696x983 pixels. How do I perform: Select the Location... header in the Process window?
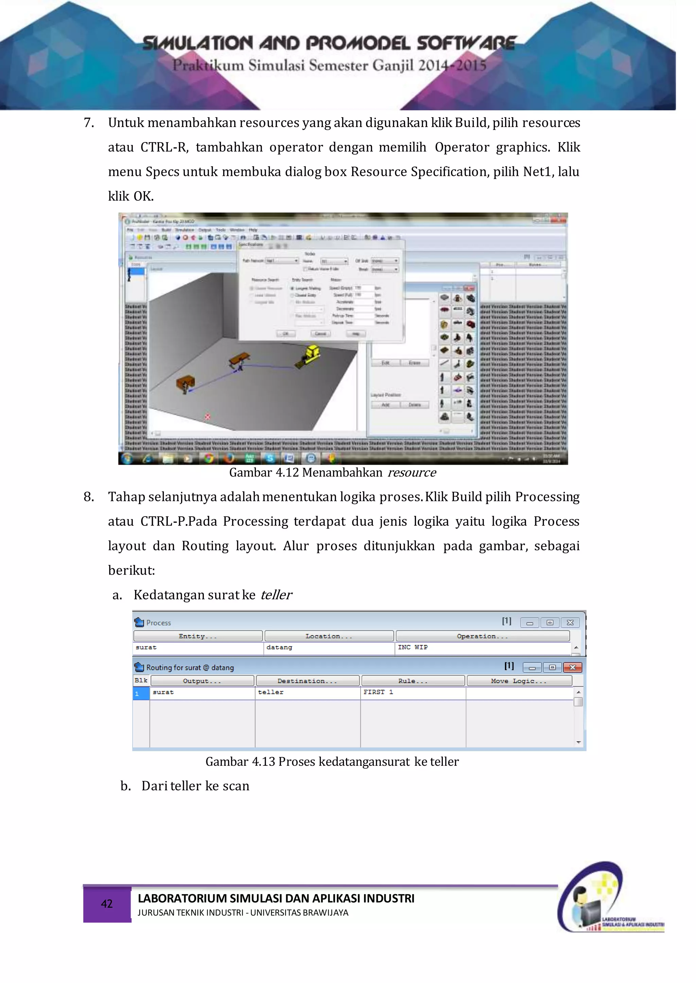(329, 636)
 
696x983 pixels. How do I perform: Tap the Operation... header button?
(482, 636)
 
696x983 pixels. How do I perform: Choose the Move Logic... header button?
(519, 681)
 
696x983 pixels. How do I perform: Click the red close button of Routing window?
(572, 667)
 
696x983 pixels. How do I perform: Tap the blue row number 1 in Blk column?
(141, 693)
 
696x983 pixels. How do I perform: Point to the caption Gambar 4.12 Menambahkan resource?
(333, 473)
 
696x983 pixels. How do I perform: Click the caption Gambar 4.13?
(332, 762)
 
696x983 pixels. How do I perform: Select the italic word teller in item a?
(276, 595)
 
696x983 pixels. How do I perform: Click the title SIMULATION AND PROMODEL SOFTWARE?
(329, 43)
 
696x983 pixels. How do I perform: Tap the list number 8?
(89, 497)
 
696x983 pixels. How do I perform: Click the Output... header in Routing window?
(202, 681)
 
